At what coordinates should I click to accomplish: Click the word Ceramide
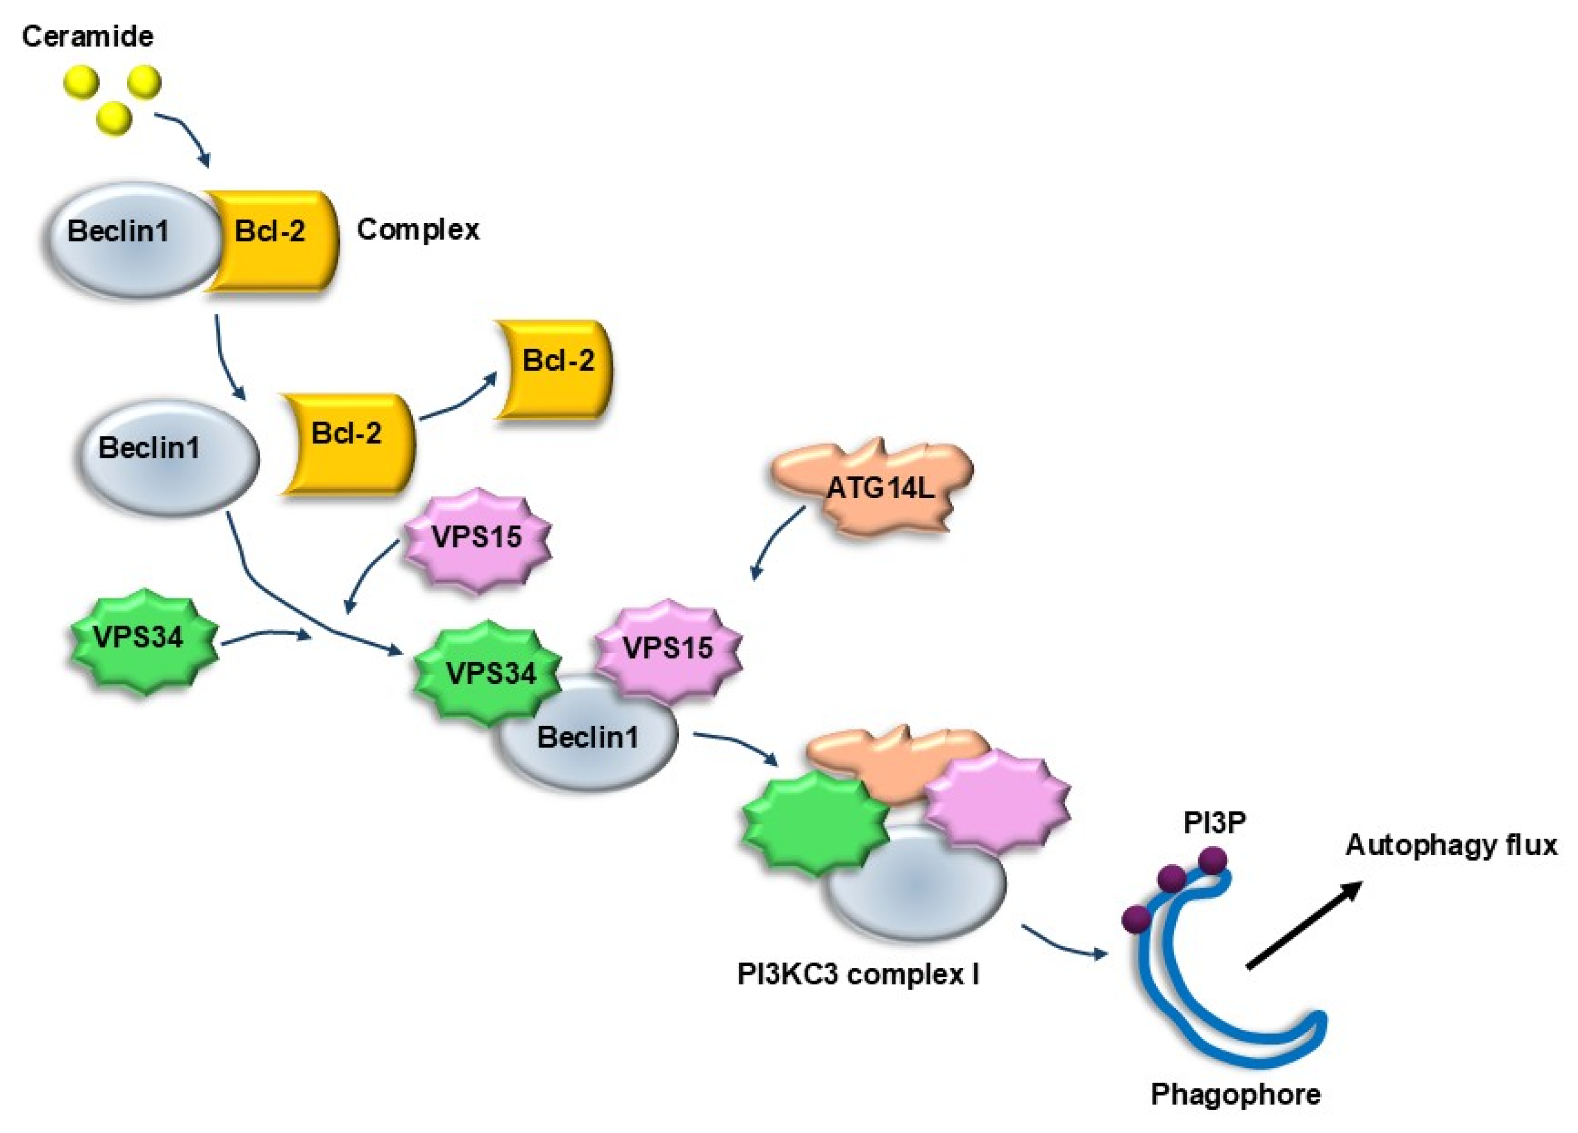87,36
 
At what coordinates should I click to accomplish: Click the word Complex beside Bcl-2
417,229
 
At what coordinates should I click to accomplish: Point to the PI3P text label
1214,823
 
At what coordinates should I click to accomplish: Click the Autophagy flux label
1450,845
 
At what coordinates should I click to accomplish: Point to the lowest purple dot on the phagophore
1136,918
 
